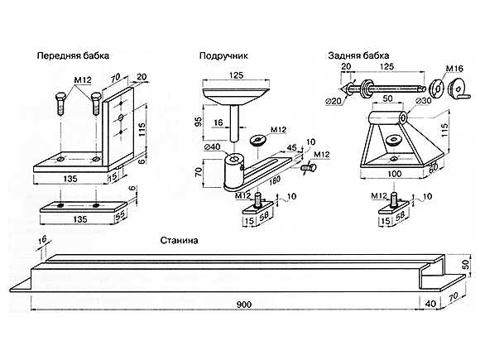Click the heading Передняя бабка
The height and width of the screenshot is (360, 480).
(73, 56)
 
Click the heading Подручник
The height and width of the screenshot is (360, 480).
(223, 56)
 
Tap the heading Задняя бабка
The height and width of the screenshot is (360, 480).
(358, 55)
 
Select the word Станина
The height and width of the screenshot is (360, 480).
(179, 240)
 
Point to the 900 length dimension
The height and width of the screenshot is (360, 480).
(244, 305)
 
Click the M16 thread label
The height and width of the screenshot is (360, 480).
(454, 69)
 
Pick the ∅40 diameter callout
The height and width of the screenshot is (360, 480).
(212, 147)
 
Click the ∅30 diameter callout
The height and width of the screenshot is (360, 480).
(424, 101)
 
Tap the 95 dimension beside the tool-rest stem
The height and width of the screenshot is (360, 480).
(199, 122)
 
